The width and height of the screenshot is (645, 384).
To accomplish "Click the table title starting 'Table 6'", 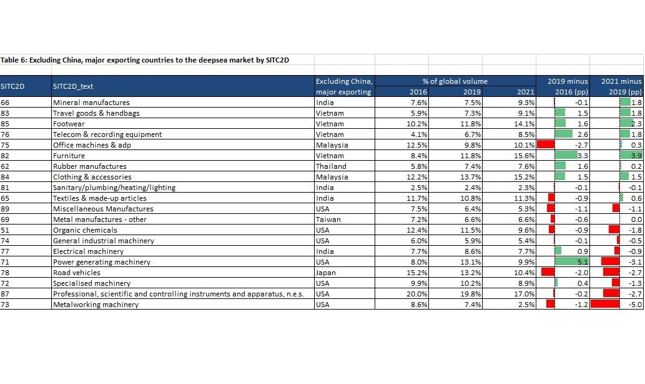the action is (144, 60).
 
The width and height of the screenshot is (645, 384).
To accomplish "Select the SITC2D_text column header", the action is (73, 86).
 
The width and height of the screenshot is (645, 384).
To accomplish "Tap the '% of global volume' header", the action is (455, 81).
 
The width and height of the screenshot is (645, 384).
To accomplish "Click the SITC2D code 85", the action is (5, 124).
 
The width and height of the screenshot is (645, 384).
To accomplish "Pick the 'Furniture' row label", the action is (69, 156).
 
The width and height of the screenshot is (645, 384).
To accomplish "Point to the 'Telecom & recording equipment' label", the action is (107, 134).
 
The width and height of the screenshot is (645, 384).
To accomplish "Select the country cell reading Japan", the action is (326, 273).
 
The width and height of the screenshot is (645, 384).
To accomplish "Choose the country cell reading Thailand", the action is (331, 166).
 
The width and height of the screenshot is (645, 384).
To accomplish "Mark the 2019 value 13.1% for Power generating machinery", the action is (471, 262).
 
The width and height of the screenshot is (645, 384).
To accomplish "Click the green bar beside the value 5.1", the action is (571, 262).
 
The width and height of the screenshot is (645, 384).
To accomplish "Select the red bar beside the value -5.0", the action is (605, 305).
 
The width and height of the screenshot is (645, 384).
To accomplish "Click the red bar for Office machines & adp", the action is (546, 144).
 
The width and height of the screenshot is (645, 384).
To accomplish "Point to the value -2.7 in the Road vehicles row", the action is (635, 273).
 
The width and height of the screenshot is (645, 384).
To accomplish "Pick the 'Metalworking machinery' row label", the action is (96, 305).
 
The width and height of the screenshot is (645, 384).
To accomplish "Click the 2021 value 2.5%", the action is (526, 305).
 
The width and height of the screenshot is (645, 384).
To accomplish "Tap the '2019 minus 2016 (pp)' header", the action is (568, 86).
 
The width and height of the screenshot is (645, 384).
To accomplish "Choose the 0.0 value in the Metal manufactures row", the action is (636, 220).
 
